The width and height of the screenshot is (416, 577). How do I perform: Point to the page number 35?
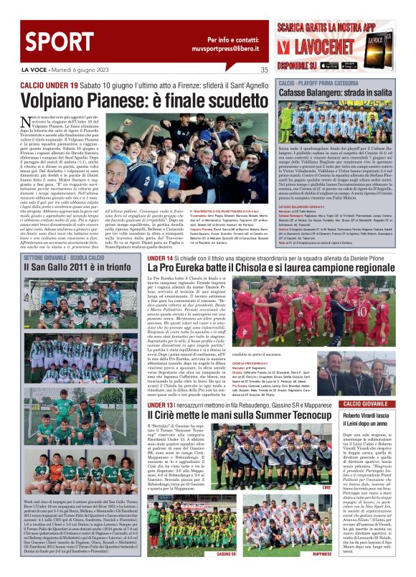coord(264,70)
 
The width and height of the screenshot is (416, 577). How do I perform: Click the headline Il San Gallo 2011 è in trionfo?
coord(67,267)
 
